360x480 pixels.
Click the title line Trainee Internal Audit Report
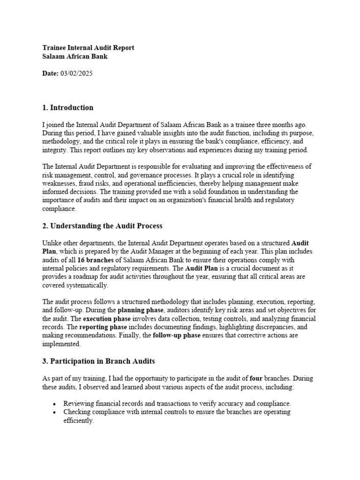click(88, 48)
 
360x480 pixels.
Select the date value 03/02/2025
click(77, 74)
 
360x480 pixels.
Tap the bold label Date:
click(50, 74)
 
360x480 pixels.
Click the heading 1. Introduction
click(67, 108)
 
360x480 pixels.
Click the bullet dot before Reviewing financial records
click(55, 404)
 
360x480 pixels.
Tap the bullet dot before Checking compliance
click(55, 412)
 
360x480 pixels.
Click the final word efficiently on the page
click(79, 420)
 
